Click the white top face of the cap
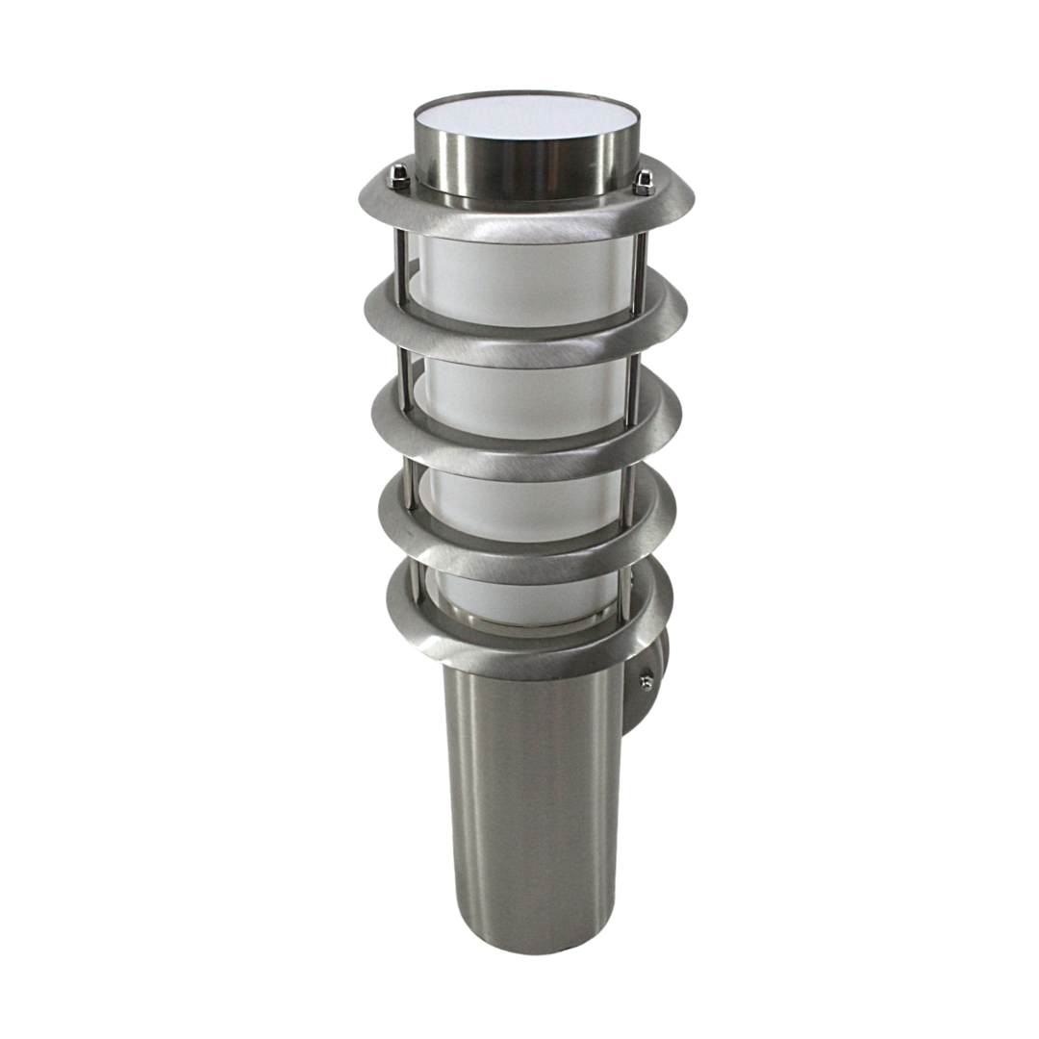[x=527, y=115]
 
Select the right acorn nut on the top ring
[x=644, y=180]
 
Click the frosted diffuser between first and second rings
[x=524, y=274]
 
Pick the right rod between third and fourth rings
[x=629, y=481]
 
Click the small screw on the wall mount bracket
[x=646, y=683]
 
